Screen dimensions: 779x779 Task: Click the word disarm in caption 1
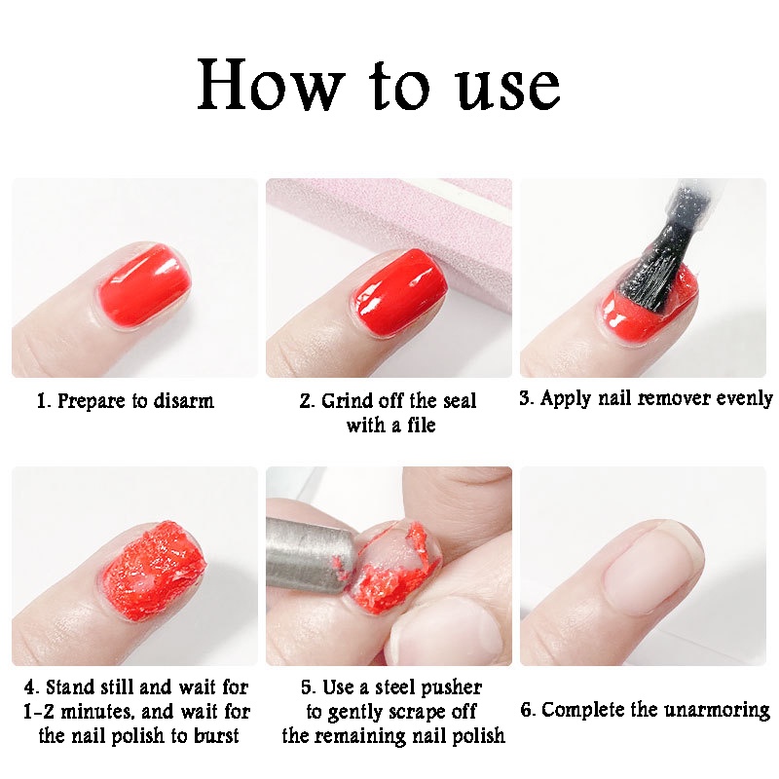[181, 401]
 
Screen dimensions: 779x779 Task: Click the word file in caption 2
[417, 426]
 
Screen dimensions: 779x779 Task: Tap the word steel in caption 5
[395, 688]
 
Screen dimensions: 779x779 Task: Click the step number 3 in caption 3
[526, 398]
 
